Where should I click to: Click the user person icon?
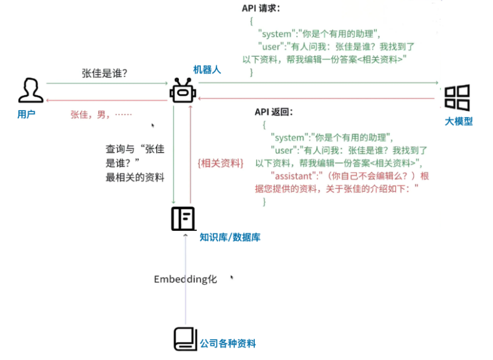pos(30,91)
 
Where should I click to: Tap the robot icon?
pos(181,91)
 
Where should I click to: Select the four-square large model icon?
pos(457,98)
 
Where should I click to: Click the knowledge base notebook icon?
pos(183,218)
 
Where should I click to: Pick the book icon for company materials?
pos(184,339)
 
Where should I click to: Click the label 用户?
pos(27,114)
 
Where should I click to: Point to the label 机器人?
pos(207,70)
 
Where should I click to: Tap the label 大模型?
pos(459,121)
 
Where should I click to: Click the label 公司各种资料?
pos(228,343)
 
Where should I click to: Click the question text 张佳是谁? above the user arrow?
pos(105,73)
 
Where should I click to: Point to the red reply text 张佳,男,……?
pos(101,115)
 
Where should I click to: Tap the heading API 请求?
pos(261,8)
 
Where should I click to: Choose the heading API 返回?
pos(274,111)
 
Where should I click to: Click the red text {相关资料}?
pos(220,163)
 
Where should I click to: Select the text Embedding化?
pos(185,279)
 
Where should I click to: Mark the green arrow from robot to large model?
pos(320,83)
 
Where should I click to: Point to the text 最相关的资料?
pos(135,177)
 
